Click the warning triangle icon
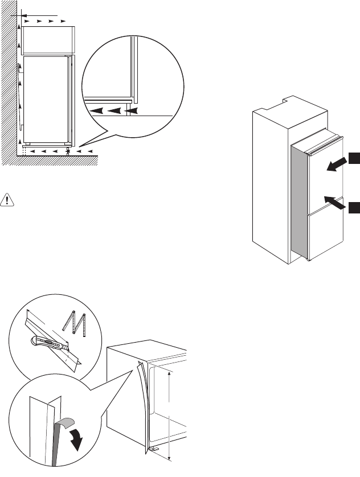point(9,199)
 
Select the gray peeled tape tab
point(61,423)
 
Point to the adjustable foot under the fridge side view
point(68,150)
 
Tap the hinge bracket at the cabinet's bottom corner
point(156,448)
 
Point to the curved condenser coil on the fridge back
point(21,97)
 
